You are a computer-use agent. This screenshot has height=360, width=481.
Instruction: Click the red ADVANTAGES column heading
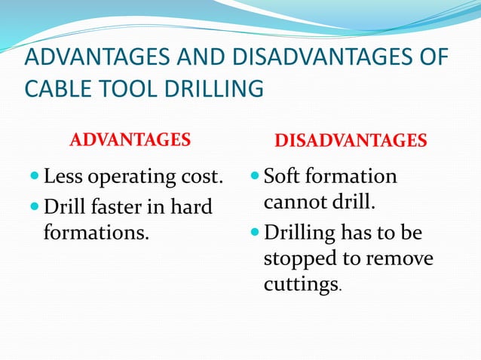click(x=130, y=140)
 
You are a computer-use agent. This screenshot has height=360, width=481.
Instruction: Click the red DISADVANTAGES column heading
click(x=351, y=141)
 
